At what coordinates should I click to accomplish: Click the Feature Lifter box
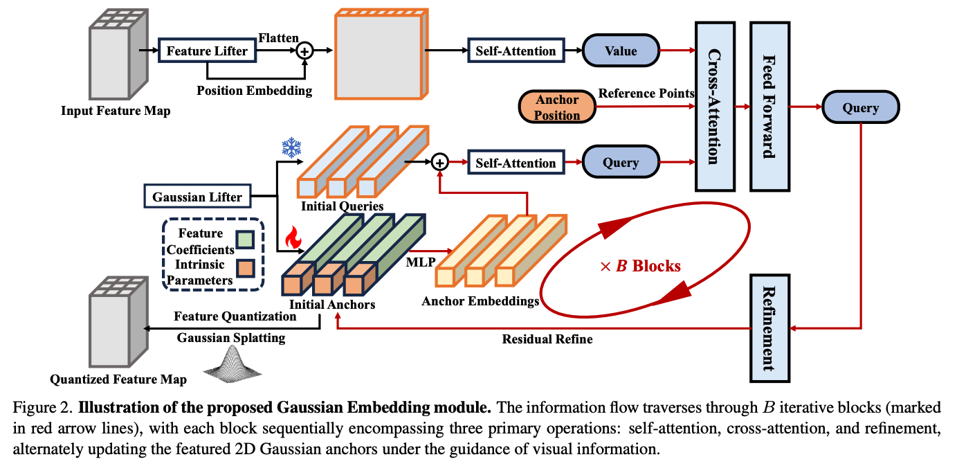point(207,51)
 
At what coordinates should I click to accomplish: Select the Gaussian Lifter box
point(197,196)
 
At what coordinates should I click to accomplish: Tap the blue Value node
point(621,51)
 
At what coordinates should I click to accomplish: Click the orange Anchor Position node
point(557,107)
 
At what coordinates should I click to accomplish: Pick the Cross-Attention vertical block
point(715,107)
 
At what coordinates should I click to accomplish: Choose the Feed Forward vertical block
point(769,107)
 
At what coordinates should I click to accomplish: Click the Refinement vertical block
point(769,328)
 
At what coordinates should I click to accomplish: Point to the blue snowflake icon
point(292,147)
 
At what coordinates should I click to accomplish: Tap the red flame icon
point(293,238)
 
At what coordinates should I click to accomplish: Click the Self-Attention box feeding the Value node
point(516,51)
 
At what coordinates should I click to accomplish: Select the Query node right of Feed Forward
point(860,107)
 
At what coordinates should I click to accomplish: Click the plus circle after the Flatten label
point(304,51)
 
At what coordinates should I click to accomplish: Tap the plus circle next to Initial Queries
point(439,162)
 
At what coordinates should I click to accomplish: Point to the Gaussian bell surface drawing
point(233,364)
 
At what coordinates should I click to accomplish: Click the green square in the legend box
point(245,240)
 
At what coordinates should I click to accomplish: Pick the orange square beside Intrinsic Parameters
point(246,269)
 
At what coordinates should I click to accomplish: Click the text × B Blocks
point(640,266)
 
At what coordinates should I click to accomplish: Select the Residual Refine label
point(547,339)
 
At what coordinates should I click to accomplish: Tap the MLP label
point(421,262)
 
